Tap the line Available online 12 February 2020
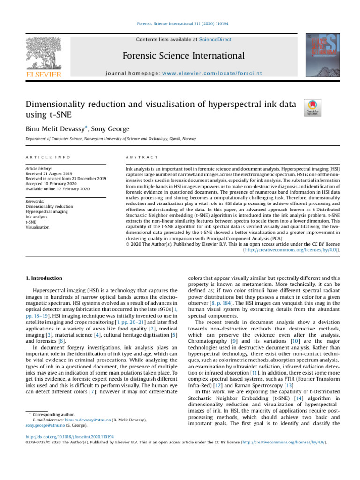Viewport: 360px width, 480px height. point(59,189)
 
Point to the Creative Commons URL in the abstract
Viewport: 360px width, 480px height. point(291,250)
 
